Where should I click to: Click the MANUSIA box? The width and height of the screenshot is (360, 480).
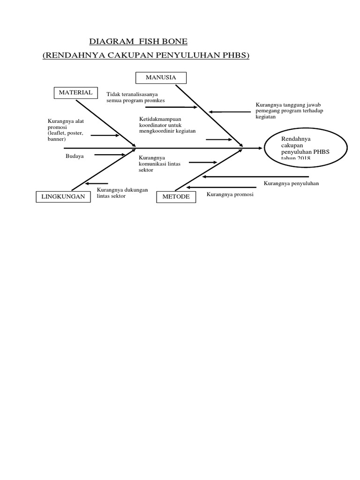(161, 78)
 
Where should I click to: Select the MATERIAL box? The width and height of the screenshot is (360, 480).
(75, 93)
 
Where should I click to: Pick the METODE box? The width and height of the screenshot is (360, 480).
(176, 197)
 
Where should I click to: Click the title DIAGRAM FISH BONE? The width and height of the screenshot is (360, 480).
(138, 42)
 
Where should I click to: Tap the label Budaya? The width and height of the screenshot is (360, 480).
(75, 156)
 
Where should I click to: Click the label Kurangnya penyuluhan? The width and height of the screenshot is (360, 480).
(291, 183)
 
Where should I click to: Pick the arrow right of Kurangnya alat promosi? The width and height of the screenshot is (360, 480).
(105, 135)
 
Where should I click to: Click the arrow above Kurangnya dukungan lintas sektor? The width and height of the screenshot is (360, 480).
(97, 184)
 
